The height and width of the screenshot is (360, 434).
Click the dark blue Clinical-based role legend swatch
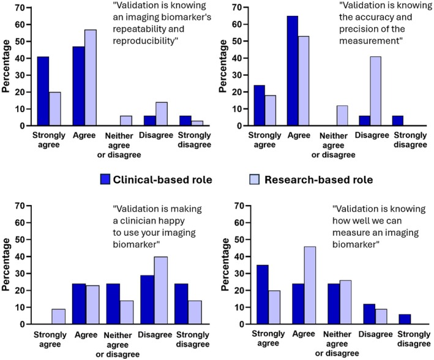tap(105, 179)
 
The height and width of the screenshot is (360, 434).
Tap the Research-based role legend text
tap(318, 180)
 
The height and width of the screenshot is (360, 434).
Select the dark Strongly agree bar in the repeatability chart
tap(43, 91)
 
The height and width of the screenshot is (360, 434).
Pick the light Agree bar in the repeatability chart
tap(91, 78)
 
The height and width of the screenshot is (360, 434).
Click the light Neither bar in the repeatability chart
tap(126, 121)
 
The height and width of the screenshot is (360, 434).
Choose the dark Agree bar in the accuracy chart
tap(293, 71)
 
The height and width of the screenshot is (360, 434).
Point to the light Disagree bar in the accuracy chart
tap(375, 91)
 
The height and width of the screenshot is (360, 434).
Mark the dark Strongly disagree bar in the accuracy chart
tap(397, 121)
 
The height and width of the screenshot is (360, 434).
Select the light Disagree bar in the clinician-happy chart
tap(161, 290)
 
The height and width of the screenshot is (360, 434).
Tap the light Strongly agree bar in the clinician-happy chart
tap(59, 317)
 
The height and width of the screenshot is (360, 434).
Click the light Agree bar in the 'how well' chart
tap(310, 285)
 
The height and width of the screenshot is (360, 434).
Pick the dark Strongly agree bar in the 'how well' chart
tap(263, 294)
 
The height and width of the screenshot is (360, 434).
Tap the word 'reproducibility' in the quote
tap(143, 41)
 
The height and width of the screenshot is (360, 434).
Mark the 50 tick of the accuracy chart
tap(237, 41)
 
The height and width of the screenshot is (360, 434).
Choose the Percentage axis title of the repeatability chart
tap(6, 66)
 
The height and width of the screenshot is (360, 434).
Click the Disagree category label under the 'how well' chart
tap(376, 334)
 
